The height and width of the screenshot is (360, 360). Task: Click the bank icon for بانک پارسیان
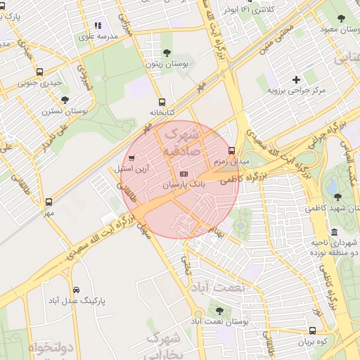coord(184,173)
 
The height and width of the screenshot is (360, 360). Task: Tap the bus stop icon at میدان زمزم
coord(232,150)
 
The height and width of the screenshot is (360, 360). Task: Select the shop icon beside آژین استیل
coord(131,158)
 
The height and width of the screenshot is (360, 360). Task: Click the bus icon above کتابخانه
coord(162,102)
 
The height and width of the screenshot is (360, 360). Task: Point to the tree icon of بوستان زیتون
coord(167,53)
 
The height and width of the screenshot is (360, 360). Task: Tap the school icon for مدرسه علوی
coord(98,25)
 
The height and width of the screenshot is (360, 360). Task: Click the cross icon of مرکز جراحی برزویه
coord(296,79)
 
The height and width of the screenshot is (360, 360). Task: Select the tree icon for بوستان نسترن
coord(65,100)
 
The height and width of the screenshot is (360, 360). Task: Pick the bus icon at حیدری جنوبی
coord(39,72)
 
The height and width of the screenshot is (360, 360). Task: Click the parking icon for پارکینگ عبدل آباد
coord(76,290)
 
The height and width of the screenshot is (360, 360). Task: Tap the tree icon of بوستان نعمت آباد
coord(220,310)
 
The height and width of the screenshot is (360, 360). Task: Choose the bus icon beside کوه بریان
coord(312,330)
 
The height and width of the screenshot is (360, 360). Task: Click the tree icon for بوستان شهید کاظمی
coord(338,197)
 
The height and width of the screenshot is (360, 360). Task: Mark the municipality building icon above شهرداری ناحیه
coord(333,232)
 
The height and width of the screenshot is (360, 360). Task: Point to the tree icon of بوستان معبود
coord(340,19)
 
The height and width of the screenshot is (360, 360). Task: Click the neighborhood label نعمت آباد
coord(214,288)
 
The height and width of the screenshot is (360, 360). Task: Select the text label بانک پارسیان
coord(184,184)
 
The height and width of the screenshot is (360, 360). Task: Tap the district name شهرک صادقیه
coord(181,141)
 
